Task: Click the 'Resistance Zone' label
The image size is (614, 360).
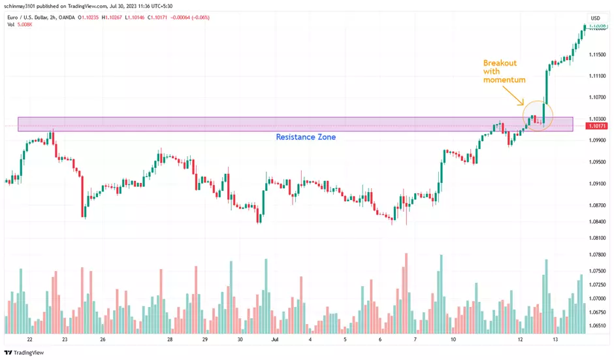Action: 306,137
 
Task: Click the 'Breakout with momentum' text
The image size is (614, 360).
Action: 504,71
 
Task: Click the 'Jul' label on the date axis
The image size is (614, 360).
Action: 274,340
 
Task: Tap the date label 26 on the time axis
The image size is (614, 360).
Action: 103,340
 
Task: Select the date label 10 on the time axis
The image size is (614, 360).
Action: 452,340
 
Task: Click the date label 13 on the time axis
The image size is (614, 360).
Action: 555,340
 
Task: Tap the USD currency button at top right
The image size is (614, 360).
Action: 595,18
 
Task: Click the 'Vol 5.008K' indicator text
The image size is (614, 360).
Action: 20,25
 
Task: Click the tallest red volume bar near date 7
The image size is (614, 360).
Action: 406,294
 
